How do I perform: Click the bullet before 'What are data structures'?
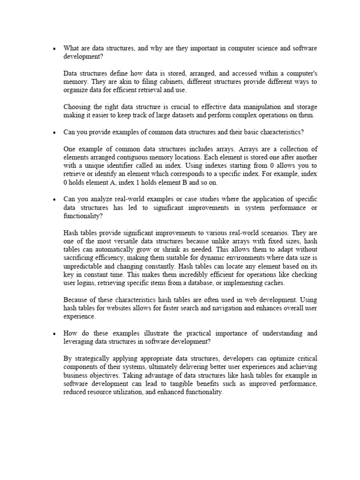click(x=55, y=48)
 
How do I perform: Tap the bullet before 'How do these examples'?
click(x=55, y=333)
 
